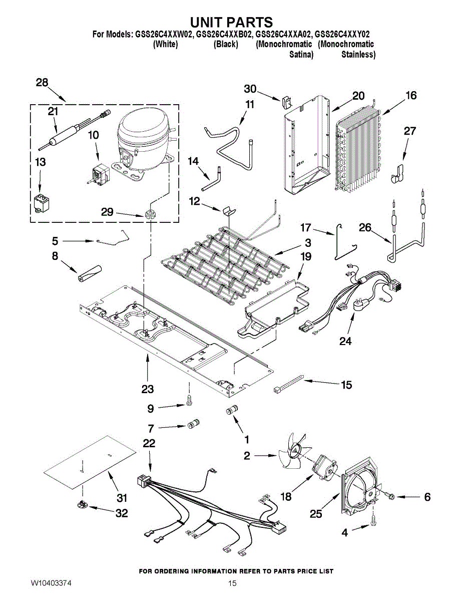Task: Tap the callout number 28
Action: pyautogui.click(x=42, y=83)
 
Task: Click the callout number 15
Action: pyautogui.click(x=346, y=385)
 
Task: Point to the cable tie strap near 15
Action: pyautogui.click(x=289, y=383)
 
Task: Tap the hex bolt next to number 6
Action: pyautogui.click(x=390, y=496)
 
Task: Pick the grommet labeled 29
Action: pyautogui.click(x=149, y=215)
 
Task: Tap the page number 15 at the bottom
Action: pyautogui.click(x=232, y=583)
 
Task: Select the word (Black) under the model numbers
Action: pyautogui.click(x=225, y=45)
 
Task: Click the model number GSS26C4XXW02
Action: pyautogui.click(x=164, y=35)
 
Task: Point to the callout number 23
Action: pyautogui.click(x=148, y=388)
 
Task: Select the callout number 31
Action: pyautogui.click(x=122, y=498)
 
